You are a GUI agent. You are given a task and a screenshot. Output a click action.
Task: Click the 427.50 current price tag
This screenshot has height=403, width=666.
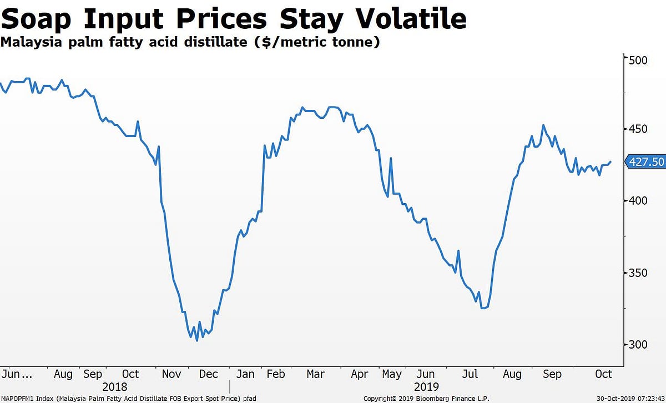(x=645, y=162)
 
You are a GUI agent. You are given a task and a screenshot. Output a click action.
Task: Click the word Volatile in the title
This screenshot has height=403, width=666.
(x=411, y=19)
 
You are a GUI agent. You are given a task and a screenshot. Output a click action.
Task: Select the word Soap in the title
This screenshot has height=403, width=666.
(x=40, y=19)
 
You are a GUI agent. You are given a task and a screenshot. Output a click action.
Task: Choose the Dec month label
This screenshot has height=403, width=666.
(x=208, y=374)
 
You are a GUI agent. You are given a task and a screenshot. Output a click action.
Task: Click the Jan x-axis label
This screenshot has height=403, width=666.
(x=245, y=374)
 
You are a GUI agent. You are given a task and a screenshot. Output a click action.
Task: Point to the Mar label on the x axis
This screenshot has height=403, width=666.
(x=315, y=374)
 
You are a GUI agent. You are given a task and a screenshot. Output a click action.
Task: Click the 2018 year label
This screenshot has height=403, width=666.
(x=114, y=386)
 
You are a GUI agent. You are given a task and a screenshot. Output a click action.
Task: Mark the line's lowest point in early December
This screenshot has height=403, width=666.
(x=197, y=340)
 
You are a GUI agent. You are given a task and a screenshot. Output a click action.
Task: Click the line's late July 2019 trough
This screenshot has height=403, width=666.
(x=484, y=308)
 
